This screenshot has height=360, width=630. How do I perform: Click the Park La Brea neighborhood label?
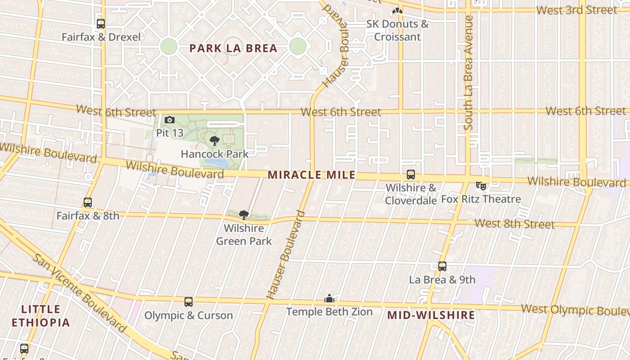pos(233,48)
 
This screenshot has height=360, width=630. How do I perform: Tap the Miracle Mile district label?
pos(311,175)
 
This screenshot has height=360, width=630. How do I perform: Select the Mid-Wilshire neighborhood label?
pos(431,315)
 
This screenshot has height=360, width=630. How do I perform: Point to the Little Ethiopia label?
pos(40,316)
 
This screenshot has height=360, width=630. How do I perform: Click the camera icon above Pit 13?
pos(170,120)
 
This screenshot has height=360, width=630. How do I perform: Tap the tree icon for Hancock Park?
pos(215,141)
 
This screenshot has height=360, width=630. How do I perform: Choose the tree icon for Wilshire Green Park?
pos(243,215)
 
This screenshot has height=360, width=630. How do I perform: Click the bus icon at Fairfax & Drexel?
pos(101,24)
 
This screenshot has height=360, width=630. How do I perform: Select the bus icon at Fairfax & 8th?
pos(88,202)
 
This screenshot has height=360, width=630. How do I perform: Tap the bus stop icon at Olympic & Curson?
pos(189,302)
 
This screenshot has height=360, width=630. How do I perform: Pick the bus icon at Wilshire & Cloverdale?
pos(410,175)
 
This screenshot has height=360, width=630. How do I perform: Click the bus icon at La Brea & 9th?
pos(442,266)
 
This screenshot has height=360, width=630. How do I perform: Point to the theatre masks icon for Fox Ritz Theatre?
pos(481,185)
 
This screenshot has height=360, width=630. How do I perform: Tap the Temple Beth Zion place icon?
pos(329,299)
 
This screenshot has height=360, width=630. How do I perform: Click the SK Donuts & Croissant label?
pos(397,30)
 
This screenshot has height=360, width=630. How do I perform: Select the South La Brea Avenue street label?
pos(468,73)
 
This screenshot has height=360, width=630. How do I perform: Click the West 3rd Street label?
pos(577,10)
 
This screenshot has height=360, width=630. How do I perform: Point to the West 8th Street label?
pos(514,223)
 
